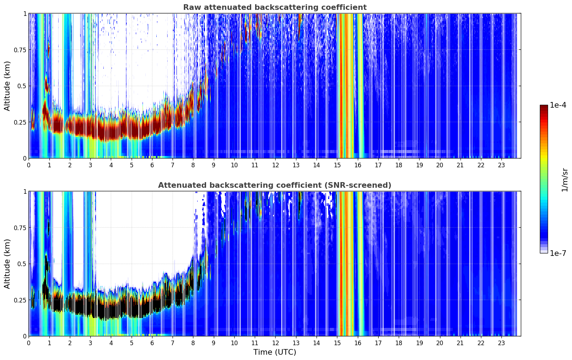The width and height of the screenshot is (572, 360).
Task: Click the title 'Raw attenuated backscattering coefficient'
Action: (x=275, y=7)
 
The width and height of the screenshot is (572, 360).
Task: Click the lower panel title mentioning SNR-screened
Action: (x=275, y=185)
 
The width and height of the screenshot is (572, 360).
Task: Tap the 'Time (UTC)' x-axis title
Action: (x=275, y=352)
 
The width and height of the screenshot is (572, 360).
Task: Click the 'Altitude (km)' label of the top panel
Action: (x=7, y=86)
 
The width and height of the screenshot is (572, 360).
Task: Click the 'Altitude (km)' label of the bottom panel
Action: (x=7, y=264)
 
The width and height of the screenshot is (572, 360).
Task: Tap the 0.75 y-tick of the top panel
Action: (x=20, y=50)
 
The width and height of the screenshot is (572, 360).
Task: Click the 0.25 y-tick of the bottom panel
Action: (x=20, y=300)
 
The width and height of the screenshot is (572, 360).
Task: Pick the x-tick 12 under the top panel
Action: (x=275, y=165)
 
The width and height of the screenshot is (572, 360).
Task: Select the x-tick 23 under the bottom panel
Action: (x=501, y=343)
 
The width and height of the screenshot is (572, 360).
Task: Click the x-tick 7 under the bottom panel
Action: (x=173, y=343)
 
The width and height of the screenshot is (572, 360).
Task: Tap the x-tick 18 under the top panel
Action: (x=399, y=165)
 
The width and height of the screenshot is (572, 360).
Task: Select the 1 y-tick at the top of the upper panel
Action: (x=25, y=14)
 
